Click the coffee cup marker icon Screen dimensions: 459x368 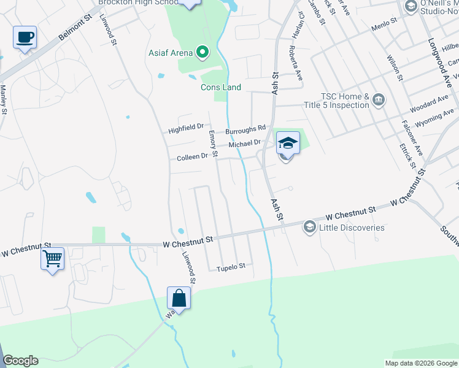tap(25, 37)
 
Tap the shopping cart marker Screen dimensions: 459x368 tap(53, 258)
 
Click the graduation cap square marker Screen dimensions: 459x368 tap(288, 143)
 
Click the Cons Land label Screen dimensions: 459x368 tap(221, 87)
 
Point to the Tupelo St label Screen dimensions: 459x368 tap(231, 266)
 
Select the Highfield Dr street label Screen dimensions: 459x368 tap(186, 130)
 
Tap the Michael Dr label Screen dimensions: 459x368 tap(245, 144)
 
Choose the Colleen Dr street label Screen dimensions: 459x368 tap(192, 157)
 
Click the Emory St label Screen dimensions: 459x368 tap(213, 144)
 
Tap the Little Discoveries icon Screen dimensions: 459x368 tap(309, 228)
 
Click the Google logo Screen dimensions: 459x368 tap(20, 361)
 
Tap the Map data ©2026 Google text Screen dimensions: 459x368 tap(420, 363)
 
